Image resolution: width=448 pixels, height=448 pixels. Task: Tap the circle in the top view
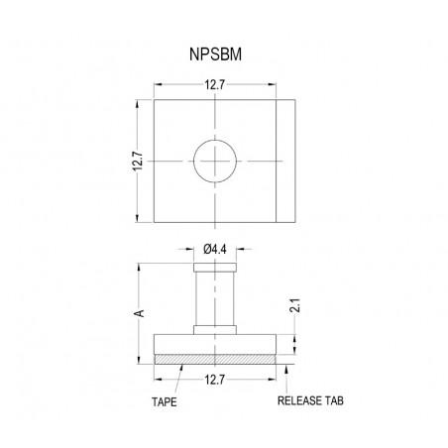(x=216, y=161)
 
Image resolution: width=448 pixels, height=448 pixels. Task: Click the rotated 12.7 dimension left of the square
(x=139, y=161)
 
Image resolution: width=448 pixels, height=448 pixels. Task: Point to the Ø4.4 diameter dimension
(x=215, y=249)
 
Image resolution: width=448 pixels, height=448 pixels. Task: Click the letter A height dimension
(x=140, y=312)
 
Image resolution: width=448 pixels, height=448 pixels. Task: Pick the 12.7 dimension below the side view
(x=215, y=377)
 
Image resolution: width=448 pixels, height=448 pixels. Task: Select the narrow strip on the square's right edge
(x=285, y=161)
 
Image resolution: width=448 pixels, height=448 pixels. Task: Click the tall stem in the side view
(x=215, y=297)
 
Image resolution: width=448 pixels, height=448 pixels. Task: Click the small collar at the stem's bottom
(x=215, y=331)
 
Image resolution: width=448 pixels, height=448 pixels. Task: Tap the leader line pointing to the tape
(x=176, y=379)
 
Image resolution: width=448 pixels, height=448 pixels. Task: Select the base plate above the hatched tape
(x=215, y=344)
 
